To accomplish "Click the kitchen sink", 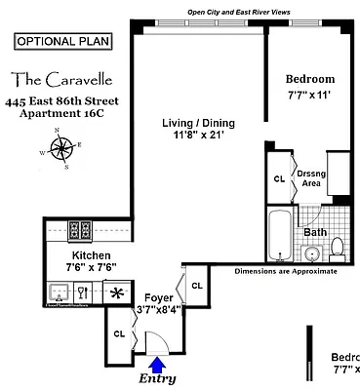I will pyautogui.click(x=60, y=290).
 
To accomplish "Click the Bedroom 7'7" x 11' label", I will pyautogui.click(x=309, y=86).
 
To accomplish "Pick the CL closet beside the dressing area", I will pyautogui.click(x=279, y=177).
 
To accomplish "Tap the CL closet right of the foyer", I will pyautogui.click(x=196, y=286).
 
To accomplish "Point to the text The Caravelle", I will pyautogui.click(x=65, y=77).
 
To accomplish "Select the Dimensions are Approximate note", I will pyautogui.click(x=285, y=271).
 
